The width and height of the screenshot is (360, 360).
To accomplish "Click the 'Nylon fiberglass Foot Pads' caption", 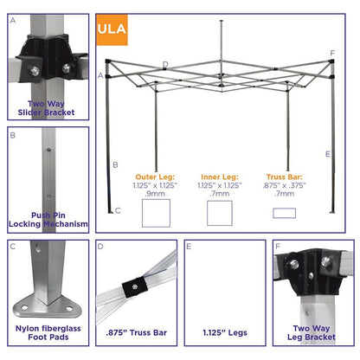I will pos(47,334).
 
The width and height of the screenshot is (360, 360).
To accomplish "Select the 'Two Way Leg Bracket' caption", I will pos(313,334).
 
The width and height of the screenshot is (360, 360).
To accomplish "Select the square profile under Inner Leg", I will pos(219,213).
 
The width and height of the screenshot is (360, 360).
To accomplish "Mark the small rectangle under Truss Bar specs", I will pos(284,213).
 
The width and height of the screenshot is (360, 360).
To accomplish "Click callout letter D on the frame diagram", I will pos(165,64).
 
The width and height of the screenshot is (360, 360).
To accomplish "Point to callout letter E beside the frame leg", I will pos(328,154).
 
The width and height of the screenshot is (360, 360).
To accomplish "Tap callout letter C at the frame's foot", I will pos(117,210).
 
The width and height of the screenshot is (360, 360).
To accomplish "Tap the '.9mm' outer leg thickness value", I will pos(156,195).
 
